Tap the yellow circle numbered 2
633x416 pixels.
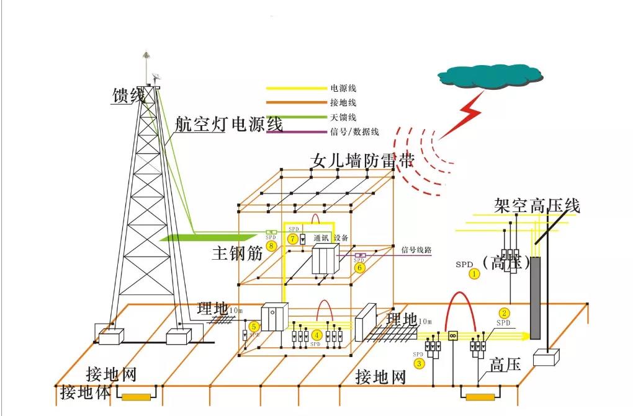click(505, 313)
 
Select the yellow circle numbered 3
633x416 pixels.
click(420, 363)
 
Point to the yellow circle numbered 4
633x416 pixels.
click(316, 335)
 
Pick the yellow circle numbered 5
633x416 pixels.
click(253, 326)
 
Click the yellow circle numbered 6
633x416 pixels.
click(359, 267)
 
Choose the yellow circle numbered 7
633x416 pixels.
click(292, 239)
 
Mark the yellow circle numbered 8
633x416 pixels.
click(271, 246)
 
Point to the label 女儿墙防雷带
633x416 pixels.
click(362, 162)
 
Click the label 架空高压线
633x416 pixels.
click(537, 205)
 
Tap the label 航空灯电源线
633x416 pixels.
click(228, 124)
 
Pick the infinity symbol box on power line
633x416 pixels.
click(452, 335)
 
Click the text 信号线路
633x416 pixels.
click(416, 250)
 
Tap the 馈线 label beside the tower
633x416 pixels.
click(128, 95)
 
